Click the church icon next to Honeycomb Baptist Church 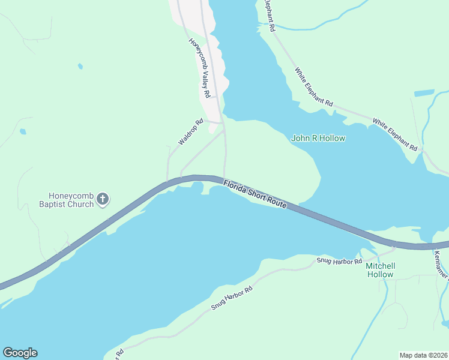point(103,199)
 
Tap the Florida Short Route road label point(255,194)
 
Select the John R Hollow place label point(318,138)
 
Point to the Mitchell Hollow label point(381,270)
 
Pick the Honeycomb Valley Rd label point(199,68)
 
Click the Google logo point(20,353)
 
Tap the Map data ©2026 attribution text point(424,355)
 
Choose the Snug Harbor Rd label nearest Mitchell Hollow point(339,262)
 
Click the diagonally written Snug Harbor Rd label point(232,298)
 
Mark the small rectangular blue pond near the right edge point(424,93)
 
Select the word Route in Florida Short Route point(275,202)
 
